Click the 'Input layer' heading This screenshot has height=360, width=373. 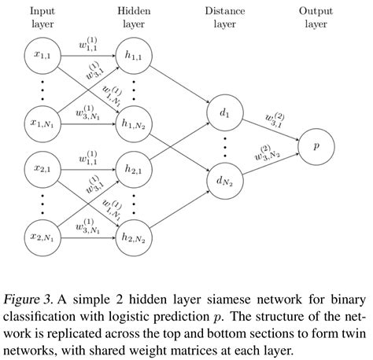coord(43,17)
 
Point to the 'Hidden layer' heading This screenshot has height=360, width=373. coord(135,17)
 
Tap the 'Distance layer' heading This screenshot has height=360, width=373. coord(226,17)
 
